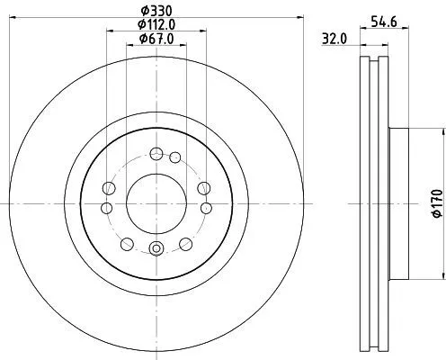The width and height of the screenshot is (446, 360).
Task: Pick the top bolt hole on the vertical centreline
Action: [156, 153]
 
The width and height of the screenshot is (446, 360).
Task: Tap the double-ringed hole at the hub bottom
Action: [156, 249]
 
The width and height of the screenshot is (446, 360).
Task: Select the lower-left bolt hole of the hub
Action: [127, 243]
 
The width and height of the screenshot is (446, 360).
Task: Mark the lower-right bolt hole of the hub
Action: [186, 243]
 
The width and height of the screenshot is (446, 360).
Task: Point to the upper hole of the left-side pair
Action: [110, 187]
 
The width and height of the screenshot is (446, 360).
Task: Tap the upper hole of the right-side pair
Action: [203, 187]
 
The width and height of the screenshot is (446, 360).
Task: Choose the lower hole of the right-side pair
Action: [207, 208]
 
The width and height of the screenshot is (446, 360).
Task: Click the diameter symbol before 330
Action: [141, 13]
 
